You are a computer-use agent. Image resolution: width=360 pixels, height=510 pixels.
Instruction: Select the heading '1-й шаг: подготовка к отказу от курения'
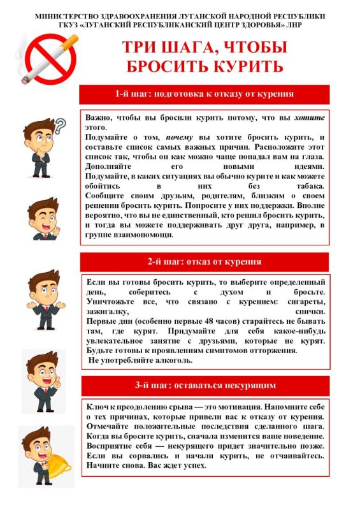coord(205,94)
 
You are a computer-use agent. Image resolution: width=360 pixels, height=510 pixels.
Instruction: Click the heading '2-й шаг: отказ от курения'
coord(205,261)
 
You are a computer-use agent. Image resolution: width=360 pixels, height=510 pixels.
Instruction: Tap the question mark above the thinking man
coord(59,126)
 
